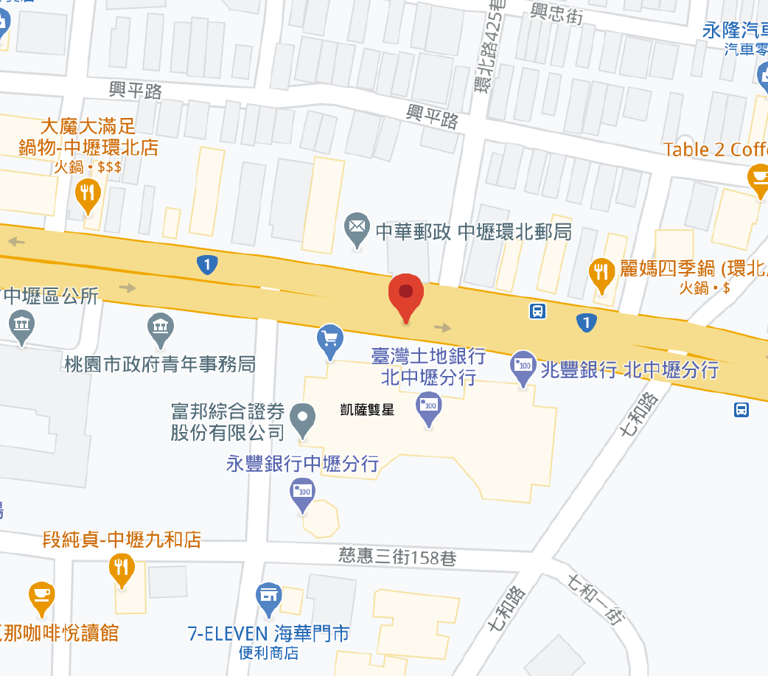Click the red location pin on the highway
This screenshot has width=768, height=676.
405,295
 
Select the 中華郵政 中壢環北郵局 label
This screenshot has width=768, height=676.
474,231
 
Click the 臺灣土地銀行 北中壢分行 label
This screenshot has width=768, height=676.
428,367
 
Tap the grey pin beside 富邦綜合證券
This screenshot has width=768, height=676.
302,418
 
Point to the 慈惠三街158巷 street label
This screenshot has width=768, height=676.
387,557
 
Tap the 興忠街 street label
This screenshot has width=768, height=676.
556,13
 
